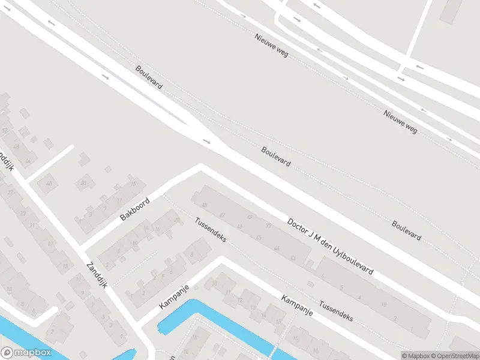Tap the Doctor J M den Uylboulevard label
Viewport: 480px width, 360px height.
[x=330, y=247]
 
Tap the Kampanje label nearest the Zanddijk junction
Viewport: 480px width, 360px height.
[x=175, y=297]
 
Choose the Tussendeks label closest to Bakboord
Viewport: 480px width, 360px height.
[x=210, y=229]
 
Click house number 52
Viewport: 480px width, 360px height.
[x=5, y=130]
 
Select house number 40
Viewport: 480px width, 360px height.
[x=49, y=184]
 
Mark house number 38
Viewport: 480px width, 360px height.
[x=84, y=183]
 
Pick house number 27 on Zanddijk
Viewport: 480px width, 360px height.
[x=10, y=192]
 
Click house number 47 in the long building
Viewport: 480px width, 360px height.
[x=223, y=214]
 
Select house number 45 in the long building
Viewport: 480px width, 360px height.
[x=250, y=217]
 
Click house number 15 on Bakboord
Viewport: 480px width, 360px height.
[x=133, y=182]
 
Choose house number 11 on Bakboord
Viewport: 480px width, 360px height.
[x=120, y=200]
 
